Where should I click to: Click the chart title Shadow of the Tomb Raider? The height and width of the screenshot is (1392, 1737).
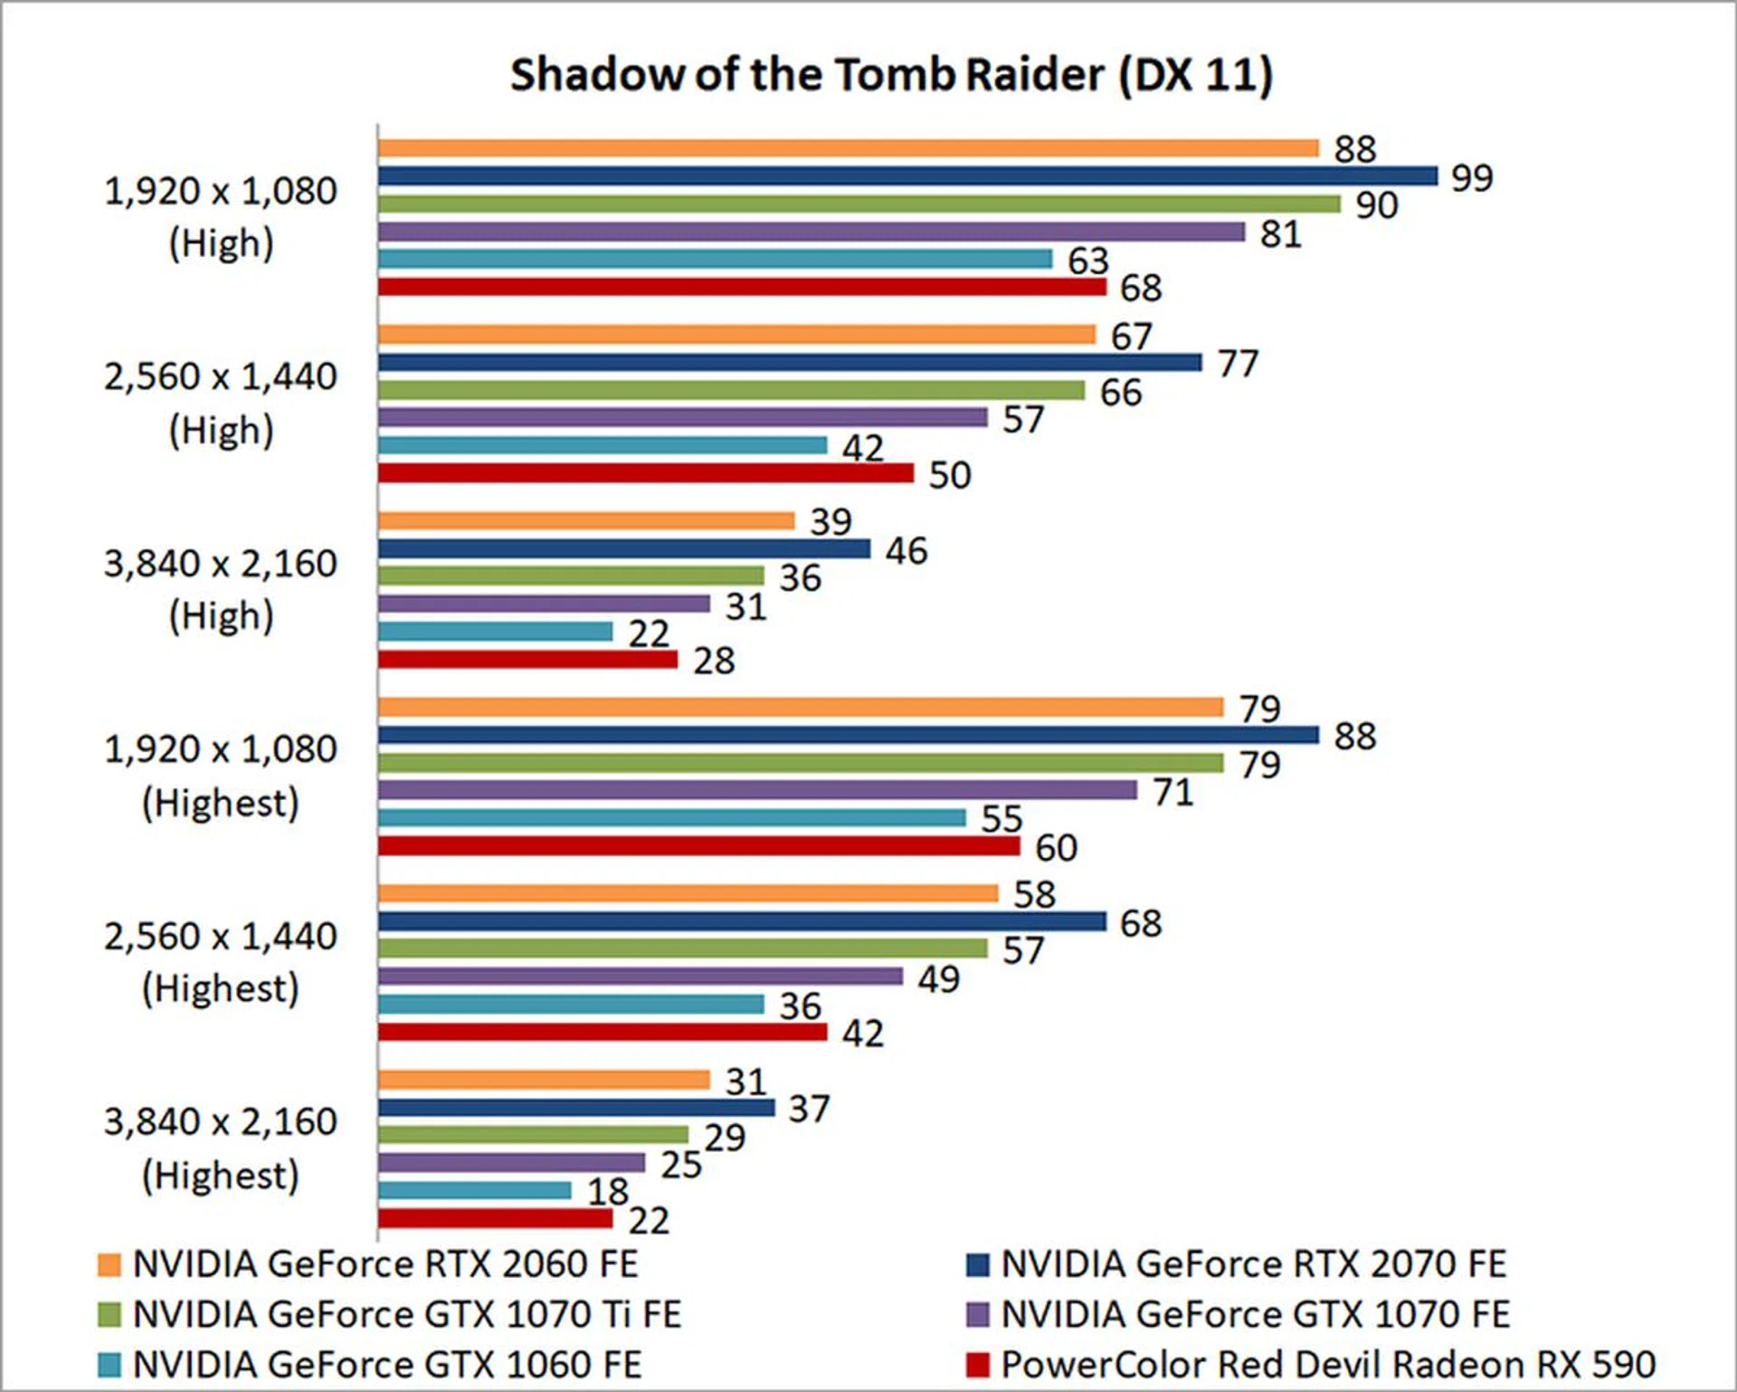tap(891, 74)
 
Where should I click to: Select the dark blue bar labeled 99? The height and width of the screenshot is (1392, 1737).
tap(907, 176)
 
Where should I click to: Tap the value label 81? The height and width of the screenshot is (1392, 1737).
tap(1280, 234)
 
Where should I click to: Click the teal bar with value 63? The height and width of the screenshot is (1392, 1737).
tap(715, 259)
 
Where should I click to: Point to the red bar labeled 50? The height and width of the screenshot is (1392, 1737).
tap(646, 472)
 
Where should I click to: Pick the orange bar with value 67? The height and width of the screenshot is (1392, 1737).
tap(736, 335)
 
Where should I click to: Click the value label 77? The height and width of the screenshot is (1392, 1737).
tap(1238, 364)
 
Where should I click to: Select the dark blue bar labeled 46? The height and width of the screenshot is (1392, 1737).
tap(624, 548)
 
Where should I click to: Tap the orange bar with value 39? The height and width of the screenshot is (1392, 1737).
tap(586, 520)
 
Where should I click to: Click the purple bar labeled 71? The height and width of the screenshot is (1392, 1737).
tap(757, 790)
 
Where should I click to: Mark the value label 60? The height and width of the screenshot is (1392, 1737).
tap(1056, 848)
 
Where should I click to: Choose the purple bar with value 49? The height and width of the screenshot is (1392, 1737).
tap(641, 976)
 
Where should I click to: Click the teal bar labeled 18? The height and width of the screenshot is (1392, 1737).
tap(475, 1190)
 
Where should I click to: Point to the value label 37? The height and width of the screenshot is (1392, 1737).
tap(809, 1109)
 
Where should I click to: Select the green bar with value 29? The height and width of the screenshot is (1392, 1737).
tap(533, 1135)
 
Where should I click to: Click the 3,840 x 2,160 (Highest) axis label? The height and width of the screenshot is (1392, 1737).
tap(220, 1148)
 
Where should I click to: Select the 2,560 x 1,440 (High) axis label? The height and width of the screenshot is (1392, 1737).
tap(220, 403)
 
